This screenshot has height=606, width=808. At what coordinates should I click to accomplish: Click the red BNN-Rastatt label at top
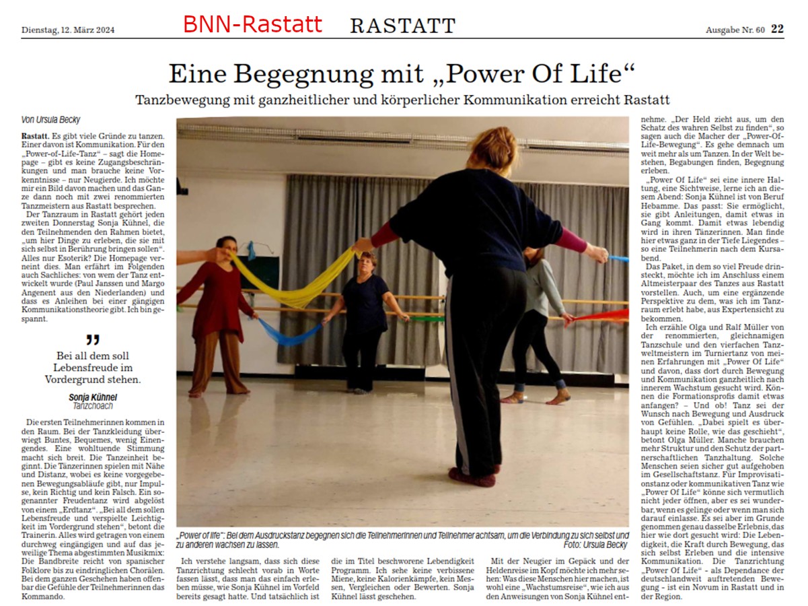[x=252, y=25]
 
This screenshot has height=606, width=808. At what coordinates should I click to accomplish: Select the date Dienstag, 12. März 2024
[x=68, y=30]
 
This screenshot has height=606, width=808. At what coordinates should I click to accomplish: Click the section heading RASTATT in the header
[x=402, y=26]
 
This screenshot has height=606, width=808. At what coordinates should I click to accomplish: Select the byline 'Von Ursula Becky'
[x=52, y=120]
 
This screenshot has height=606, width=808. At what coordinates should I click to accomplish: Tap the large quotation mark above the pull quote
[x=93, y=340]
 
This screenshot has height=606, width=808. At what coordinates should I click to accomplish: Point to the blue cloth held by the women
[x=289, y=333]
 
